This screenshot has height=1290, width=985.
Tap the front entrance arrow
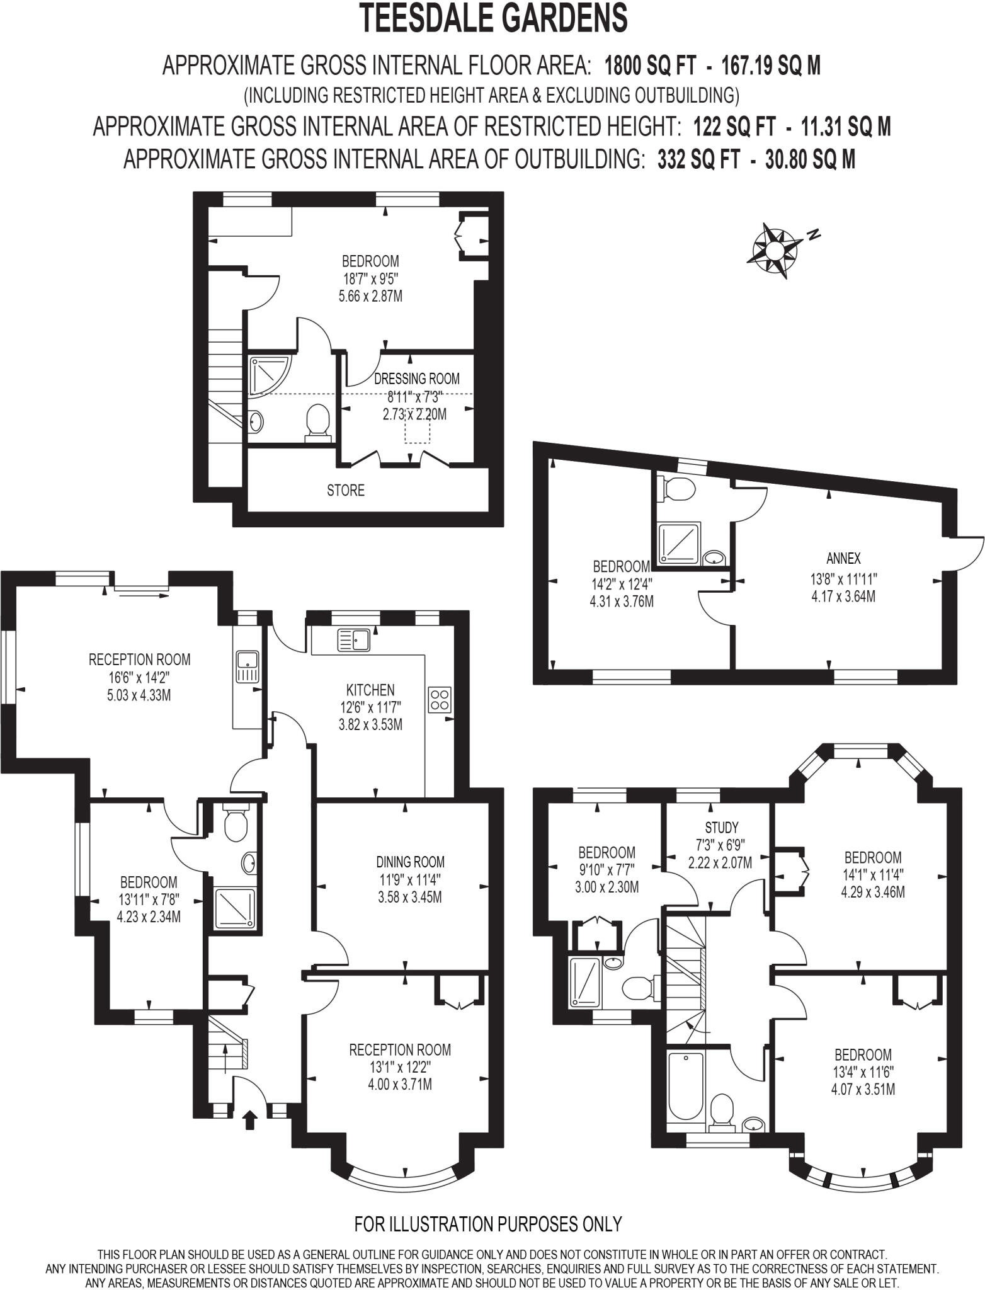(250, 1120)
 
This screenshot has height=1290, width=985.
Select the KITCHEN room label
(370, 690)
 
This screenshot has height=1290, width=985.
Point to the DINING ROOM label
(410, 862)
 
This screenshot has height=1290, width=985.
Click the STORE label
(345, 490)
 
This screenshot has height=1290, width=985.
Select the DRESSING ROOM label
(416, 379)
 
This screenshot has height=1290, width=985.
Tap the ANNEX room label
(843, 558)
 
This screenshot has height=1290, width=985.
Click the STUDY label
(721, 827)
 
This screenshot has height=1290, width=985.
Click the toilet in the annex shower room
(676, 489)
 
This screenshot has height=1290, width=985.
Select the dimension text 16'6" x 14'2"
(139, 678)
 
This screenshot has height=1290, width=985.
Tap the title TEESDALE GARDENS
(493, 18)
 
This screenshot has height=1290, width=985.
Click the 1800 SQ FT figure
(650, 66)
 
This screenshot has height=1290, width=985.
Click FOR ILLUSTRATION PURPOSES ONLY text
(488, 1224)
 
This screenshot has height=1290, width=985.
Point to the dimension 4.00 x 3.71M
(400, 1084)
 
